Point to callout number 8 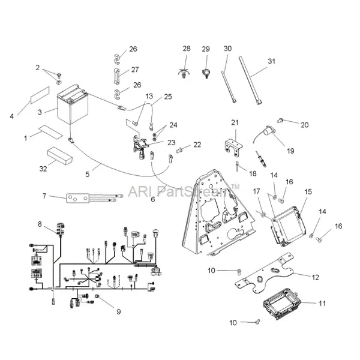[x=40, y=224]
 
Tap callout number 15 [x=308, y=191]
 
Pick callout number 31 [x=271, y=62]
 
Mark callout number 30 [x=227, y=48]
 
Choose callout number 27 [x=134, y=69]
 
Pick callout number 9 [x=118, y=311]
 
